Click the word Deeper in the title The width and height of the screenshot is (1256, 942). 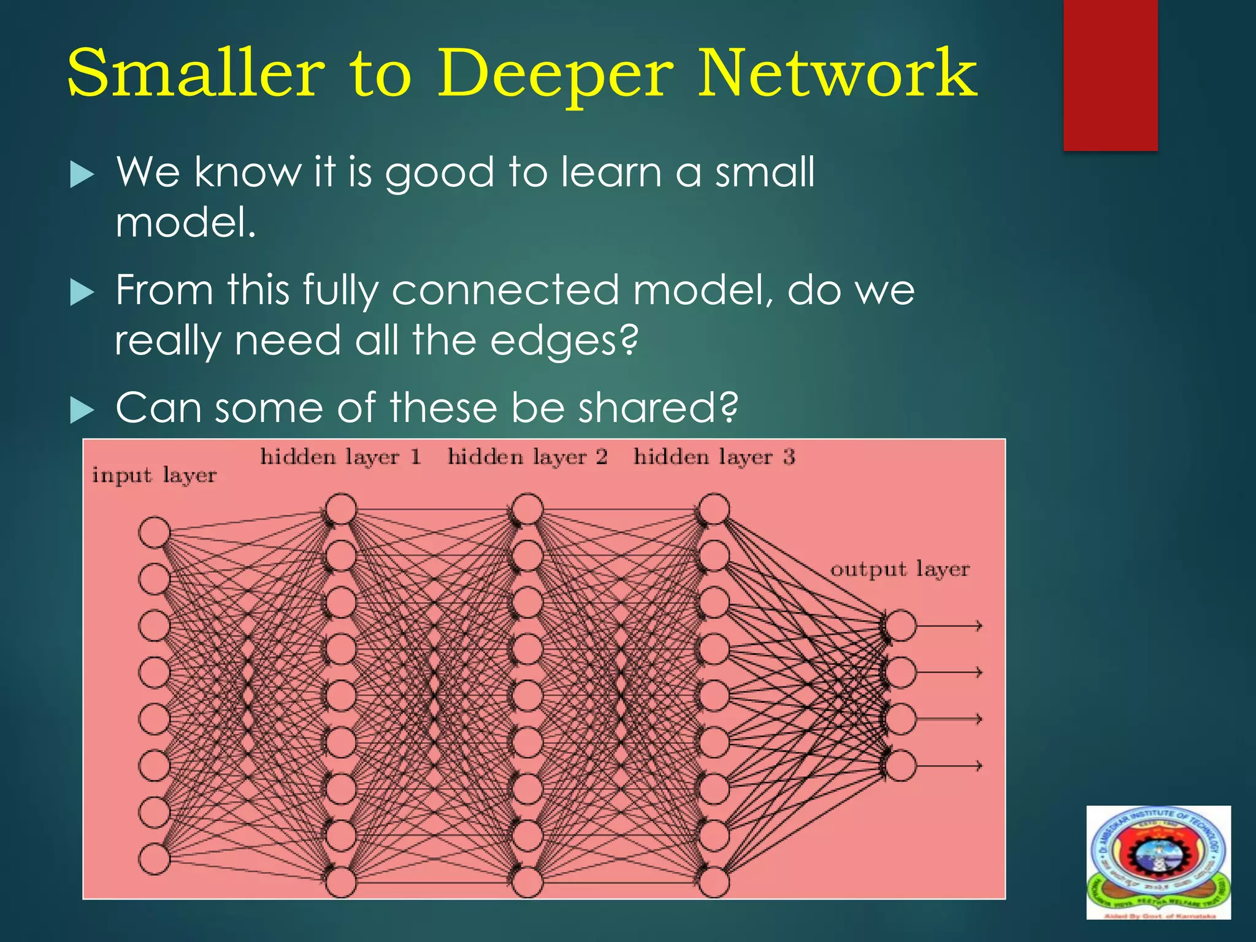555,75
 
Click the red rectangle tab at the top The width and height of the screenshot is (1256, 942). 1110,75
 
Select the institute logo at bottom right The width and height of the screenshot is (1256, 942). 1158,862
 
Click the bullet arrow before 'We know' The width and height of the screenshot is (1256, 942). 82,175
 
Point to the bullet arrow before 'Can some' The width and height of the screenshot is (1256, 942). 82,410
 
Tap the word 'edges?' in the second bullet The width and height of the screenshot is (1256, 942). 564,341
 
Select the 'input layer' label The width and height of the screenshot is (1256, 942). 154,475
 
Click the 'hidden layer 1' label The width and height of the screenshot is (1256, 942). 340,457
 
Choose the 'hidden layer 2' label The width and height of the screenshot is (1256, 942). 527,457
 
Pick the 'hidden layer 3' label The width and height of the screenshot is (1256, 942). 714,457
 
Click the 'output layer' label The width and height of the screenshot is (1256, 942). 900,569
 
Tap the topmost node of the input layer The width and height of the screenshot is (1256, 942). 154,532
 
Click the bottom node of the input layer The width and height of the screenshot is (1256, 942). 154,859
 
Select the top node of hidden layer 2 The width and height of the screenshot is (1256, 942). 527,509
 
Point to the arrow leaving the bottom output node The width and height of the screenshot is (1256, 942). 950,765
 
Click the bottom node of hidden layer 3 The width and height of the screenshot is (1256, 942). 714,882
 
